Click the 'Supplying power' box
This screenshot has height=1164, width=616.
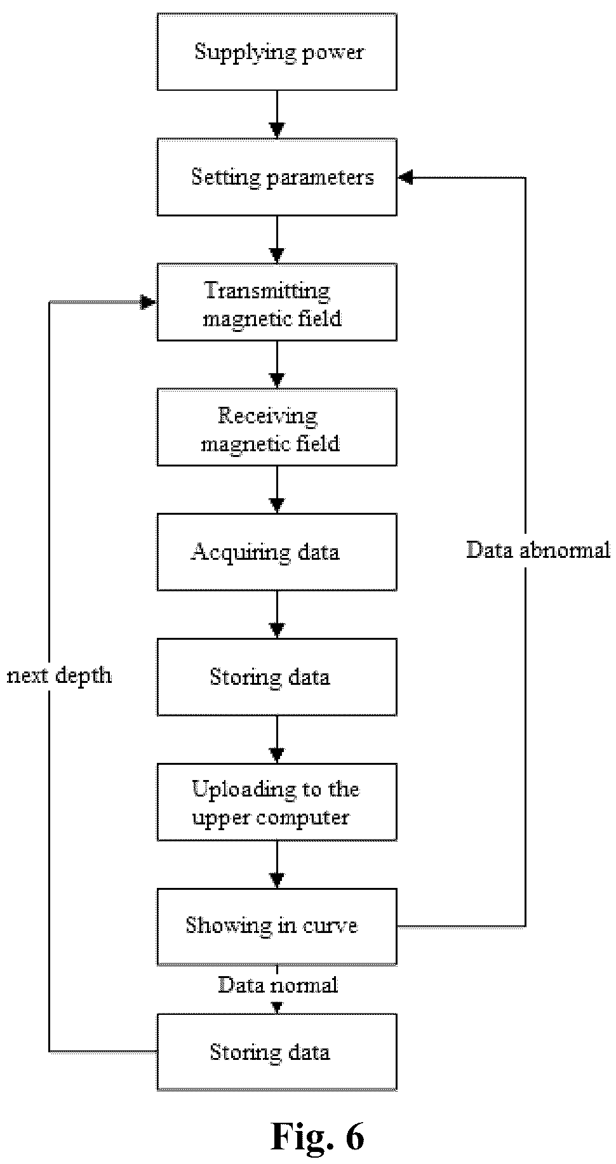[277, 52]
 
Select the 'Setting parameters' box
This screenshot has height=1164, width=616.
[277, 177]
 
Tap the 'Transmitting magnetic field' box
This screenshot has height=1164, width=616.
[277, 302]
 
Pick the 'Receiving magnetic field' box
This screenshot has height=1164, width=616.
[277, 427]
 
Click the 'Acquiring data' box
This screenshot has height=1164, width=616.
[277, 552]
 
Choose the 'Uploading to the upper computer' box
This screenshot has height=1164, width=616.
[277, 802]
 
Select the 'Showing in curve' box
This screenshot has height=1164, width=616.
[277, 927]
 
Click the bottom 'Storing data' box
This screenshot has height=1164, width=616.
[277, 1052]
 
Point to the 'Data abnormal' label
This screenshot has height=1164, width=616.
[538, 550]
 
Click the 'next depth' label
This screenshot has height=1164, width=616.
[59, 676]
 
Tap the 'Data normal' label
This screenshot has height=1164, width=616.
[278, 984]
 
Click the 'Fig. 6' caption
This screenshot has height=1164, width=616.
[318, 1135]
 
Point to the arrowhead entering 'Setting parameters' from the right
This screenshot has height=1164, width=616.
[405, 178]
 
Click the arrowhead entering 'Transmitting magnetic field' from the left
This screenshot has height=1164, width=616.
[149, 302]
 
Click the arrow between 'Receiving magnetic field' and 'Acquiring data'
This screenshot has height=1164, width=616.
[277, 489]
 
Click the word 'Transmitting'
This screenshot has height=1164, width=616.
[267, 291]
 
